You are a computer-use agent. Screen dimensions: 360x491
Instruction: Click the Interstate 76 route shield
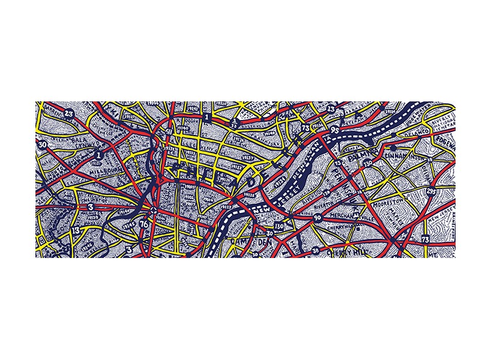click(x=143, y=224)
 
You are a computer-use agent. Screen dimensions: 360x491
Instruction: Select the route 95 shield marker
click(x=334, y=130)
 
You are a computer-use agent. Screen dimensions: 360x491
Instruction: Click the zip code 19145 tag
click(x=128, y=223)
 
